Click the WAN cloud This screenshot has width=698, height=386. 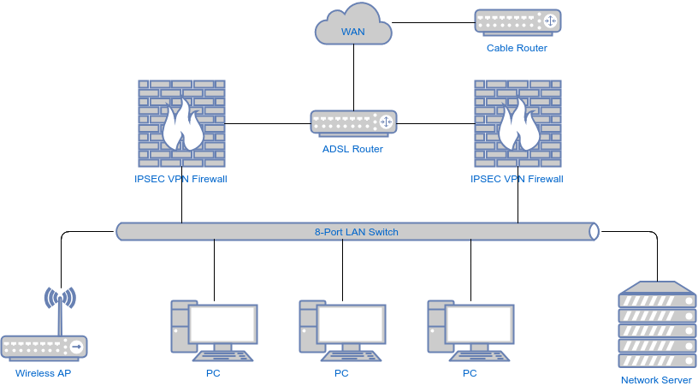[x=353, y=28]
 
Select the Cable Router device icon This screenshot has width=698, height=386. [x=517, y=21]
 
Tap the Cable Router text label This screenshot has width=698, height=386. [x=517, y=48]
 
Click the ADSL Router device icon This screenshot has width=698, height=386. [x=352, y=122]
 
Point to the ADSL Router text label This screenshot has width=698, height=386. [x=352, y=149]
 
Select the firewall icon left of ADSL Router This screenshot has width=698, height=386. [x=181, y=122]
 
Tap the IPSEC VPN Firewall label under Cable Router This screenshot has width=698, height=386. [x=517, y=180]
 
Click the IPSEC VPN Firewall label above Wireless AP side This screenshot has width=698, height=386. [x=180, y=180]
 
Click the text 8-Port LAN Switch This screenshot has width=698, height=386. [x=356, y=232]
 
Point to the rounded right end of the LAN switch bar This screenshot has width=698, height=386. [x=594, y=232]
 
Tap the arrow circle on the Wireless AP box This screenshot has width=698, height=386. [x=76, y=347]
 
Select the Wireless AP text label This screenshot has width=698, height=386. [x=44, y=374]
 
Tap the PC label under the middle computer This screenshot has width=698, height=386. [x=341, y=374]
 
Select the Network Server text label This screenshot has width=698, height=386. [x=655, y=380]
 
